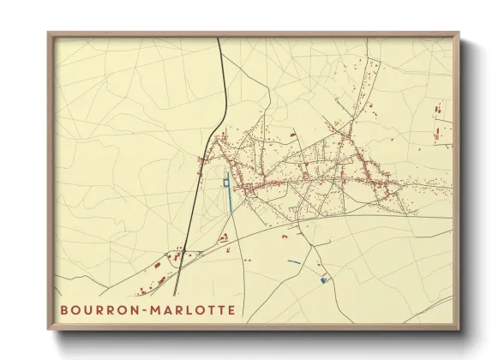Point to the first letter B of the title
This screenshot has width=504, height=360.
64,309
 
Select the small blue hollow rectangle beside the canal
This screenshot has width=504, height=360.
226,182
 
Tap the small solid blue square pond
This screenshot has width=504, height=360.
323,279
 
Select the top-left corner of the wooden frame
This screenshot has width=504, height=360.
49,33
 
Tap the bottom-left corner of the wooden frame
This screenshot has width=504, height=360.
49,329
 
